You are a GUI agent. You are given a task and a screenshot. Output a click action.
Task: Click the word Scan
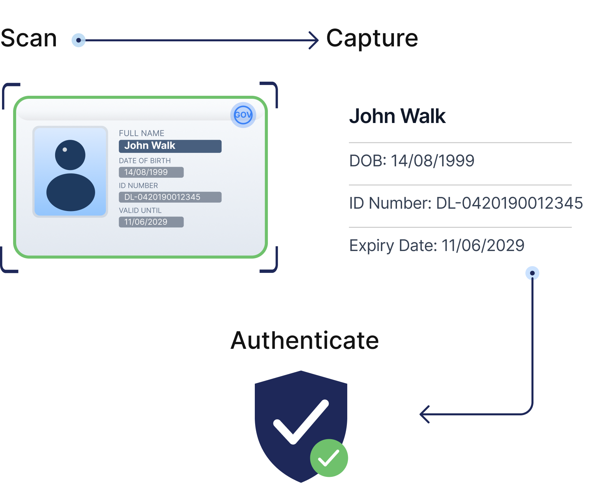[29, 38]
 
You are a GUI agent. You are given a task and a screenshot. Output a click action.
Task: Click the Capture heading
[372, 38]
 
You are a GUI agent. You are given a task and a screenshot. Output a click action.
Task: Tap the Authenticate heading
[305, 340]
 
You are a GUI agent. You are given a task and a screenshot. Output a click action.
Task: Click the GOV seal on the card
[243, 115]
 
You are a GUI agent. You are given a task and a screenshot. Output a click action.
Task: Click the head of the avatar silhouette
[70, 155]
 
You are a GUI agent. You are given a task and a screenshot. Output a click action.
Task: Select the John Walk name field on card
[170, 146]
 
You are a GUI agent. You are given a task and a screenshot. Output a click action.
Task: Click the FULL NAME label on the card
[142, 133]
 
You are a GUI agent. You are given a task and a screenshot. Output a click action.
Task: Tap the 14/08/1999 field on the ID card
[151, 172]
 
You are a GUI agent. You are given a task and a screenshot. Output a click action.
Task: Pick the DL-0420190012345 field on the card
[170, 197]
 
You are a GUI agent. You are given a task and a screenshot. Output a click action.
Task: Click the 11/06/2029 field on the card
[151, 222]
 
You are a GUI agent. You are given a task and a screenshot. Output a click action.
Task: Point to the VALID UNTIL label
[140, 210]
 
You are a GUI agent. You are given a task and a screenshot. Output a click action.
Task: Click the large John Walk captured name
[397, 116]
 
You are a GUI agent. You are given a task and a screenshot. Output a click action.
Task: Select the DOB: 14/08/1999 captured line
[412, 161]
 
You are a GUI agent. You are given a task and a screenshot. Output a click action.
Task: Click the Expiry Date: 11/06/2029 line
[437, 245]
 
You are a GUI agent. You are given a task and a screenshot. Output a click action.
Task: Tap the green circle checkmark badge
[329, 458]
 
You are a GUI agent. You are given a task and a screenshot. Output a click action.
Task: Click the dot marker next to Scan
[79, 40]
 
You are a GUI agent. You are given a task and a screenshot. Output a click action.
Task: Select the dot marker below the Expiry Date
[532, 273]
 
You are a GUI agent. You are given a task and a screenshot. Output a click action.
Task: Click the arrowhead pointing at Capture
[314, 40]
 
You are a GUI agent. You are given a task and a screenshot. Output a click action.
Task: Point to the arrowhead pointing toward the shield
[424, 414]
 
